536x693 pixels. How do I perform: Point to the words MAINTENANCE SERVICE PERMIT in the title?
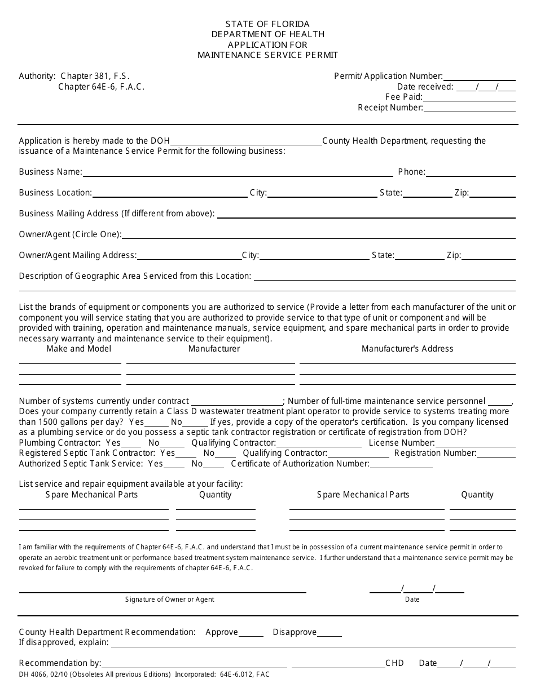click(x=268, y=55)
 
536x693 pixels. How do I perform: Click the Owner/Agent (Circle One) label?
click(x=70, y=234)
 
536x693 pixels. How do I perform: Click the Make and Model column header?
click(x=79, y=349)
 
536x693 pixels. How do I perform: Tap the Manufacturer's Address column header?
click(x=407, y=349)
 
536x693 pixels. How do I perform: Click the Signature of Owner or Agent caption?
click(x=170, y=599)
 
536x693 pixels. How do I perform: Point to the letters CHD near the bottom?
click(x=395, y=663)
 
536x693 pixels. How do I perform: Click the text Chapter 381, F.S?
click(x=95, y=76)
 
